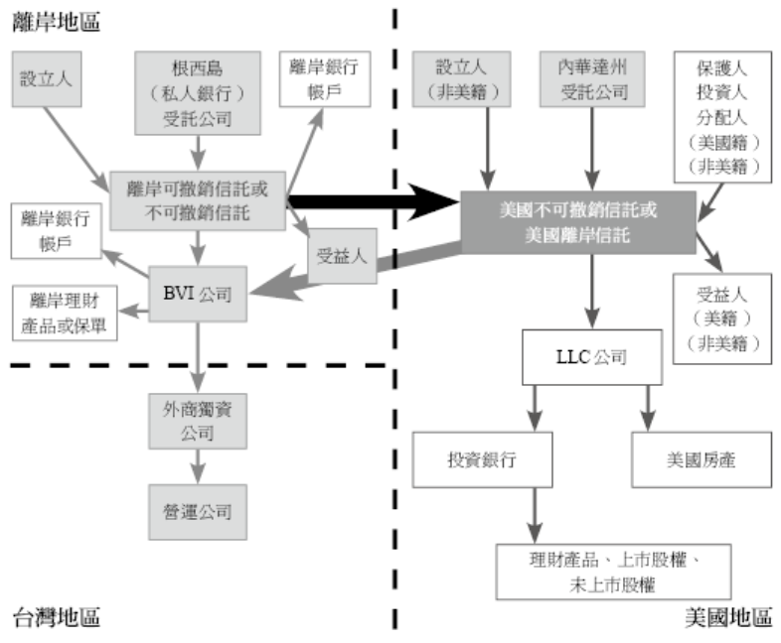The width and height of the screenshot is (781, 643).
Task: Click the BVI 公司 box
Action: [x=198, y=294]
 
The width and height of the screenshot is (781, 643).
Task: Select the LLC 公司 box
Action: [x=592, y=357]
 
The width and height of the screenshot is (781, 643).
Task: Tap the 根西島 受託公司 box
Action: [x=198, y=93]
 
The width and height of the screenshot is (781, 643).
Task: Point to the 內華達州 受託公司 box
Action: [x=592, y=79]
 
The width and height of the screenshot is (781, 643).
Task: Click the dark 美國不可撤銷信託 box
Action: [x=578, y=222]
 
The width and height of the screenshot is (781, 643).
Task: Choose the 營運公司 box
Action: [x=198, y=512]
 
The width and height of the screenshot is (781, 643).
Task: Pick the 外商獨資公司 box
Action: [x=198, y=421]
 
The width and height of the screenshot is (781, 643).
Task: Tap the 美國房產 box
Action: [x=702, y=459]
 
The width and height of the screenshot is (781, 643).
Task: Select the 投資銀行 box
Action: [x=482, y=459]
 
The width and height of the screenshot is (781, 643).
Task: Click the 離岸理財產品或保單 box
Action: [x=65, y=313]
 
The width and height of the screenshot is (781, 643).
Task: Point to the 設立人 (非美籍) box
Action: [x=461, y=79]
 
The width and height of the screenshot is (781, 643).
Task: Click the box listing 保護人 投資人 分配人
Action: [x=722, y=117]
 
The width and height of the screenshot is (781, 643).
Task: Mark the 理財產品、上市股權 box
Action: [x=614, y=572]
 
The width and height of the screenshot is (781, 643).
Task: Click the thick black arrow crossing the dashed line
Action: [x=374, y=201]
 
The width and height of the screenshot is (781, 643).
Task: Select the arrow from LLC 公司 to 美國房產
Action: [x=648, y=408]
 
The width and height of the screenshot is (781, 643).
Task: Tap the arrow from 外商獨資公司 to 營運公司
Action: [x=198, y=466]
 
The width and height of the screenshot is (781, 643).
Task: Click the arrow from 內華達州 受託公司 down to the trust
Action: [x=592, y=149]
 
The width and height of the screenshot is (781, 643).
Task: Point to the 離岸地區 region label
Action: [x=57, y=22]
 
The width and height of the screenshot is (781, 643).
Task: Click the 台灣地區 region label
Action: [x=57, y=617]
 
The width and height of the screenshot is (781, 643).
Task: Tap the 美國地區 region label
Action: [x=728, y=617]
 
